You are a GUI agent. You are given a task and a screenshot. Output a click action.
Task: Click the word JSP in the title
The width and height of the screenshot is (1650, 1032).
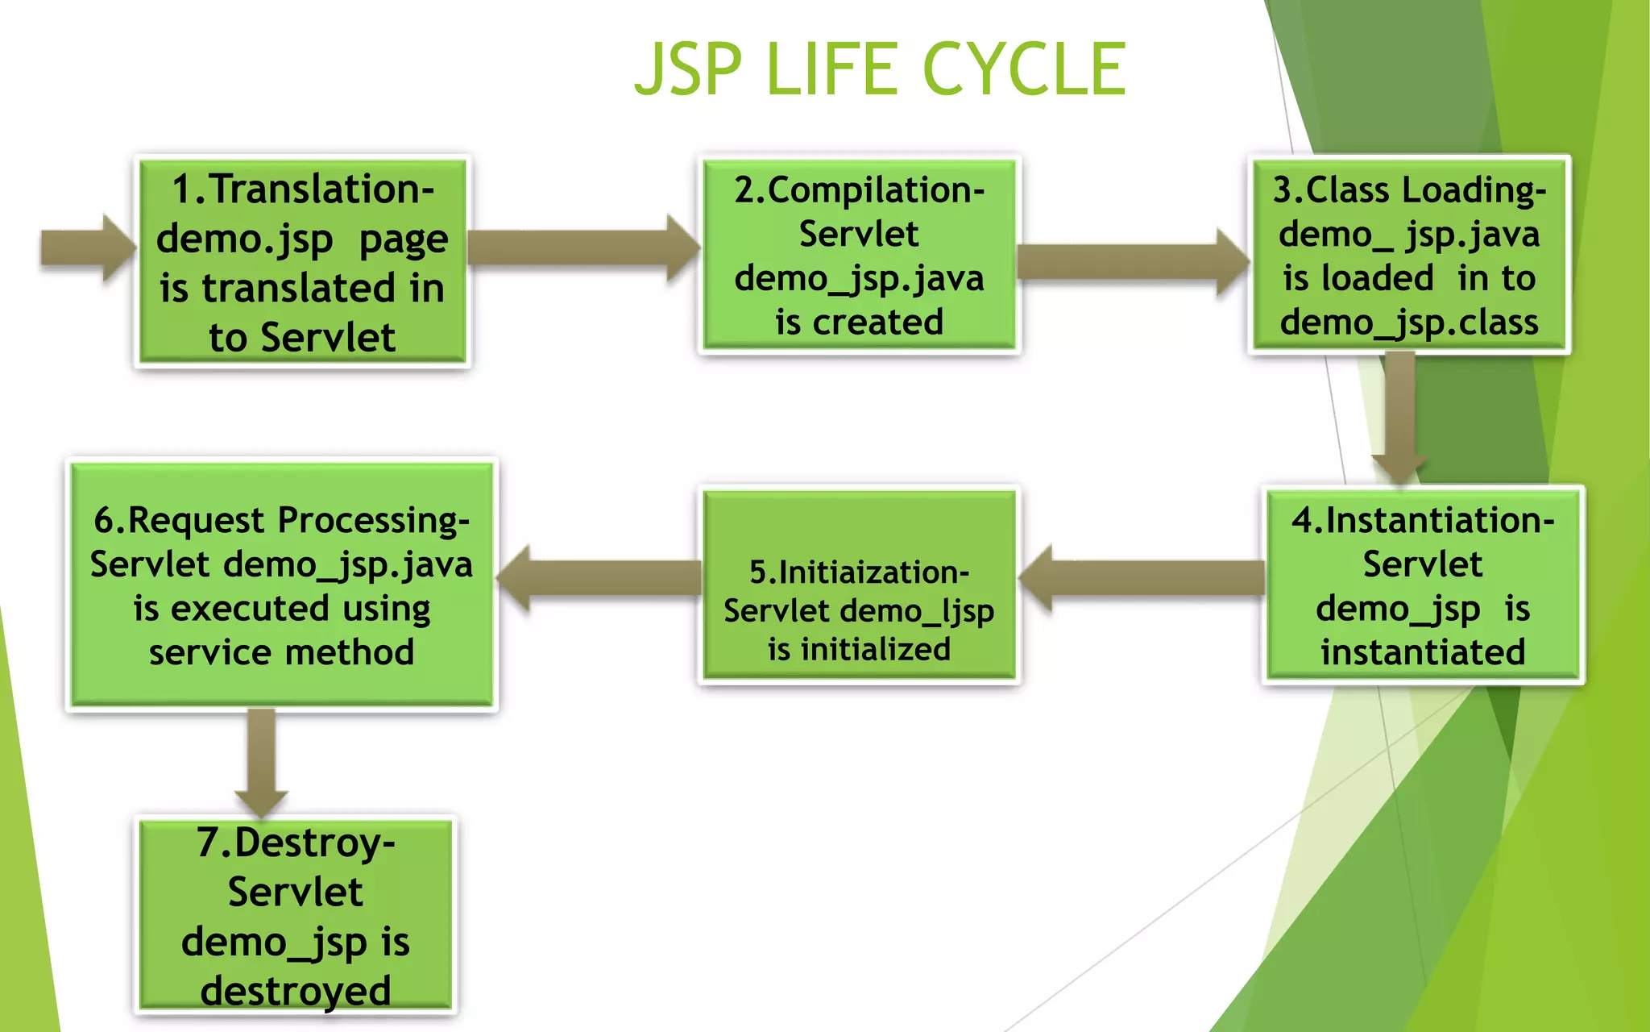pyautogui.click(x=687, y=69)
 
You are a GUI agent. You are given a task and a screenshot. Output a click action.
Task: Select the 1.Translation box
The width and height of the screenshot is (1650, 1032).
pyautogui.click(x=302, y=261)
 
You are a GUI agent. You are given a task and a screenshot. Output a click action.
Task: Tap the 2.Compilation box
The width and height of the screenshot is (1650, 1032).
pyautogui.click(x=859, y=255)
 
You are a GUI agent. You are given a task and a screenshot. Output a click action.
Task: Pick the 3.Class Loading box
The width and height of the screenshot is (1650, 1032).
pyautogui.click(x=1409, y=255)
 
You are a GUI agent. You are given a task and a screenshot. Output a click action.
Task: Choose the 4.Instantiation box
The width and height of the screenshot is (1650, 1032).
pyautogui.click(x=1423, y=585)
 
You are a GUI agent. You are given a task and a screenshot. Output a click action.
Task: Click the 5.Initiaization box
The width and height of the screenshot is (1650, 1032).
pyautogui.click(x=859, y=585)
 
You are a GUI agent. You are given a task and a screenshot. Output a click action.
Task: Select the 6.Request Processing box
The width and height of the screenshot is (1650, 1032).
pyautogui.click(x=281, y=585)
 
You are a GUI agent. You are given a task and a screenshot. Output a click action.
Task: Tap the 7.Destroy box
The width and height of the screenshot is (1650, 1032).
pyautogui.click(x=296, y=915)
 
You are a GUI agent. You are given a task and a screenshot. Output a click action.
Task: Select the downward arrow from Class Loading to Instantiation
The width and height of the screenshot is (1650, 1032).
pyautogui.click(x=1400, y=419)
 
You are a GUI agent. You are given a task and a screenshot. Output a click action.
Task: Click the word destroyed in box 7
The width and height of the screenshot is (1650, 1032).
pyautogui.click(x=296, y=990)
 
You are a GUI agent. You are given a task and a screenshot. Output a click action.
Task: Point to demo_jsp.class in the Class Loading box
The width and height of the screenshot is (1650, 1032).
pyautogui.click(x=1409, y=322)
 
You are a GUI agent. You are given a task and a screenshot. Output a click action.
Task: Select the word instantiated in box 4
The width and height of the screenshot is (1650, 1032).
pyautogui.click(x=1423, y=651)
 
